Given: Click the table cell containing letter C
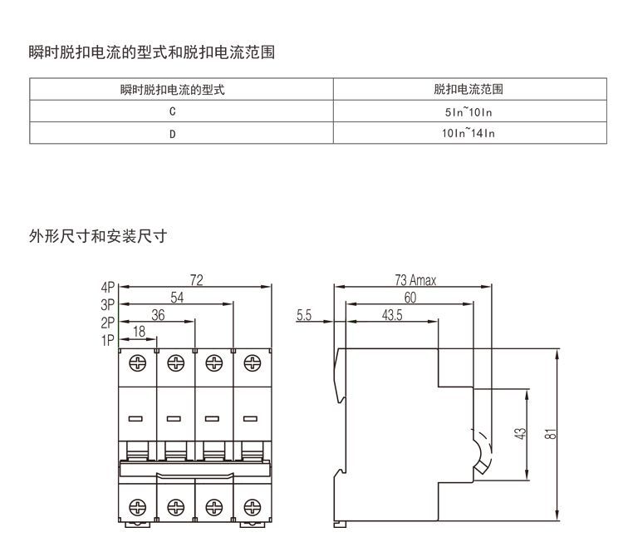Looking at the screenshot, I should pos(172,111).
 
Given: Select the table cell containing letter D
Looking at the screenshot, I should pos(172,133).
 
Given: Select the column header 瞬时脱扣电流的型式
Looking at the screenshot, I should pos(172,89).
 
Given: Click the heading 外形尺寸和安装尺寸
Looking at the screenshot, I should pos(99,236).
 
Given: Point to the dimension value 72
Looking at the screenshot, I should pos(197,280).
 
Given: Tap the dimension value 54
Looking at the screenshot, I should pos(177,297).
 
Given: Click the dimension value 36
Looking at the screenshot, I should pos(159,313).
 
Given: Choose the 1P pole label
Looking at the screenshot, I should pos(108,339).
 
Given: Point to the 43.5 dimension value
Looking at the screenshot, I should pos(393,315).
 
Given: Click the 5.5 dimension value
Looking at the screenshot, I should pos(303,315).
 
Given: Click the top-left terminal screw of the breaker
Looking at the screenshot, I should pos(137,363).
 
